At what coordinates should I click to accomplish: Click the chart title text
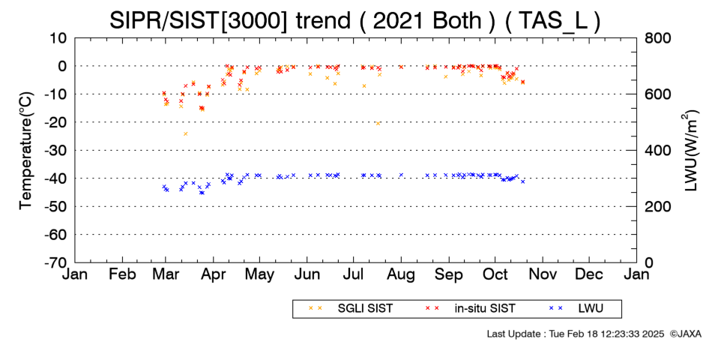pyautogui.click(x=355, y=20)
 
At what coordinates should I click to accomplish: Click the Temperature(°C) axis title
pyautogui.click(x=26, y=151)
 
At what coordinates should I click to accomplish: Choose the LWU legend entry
pyautogui.click(x=576, y=309)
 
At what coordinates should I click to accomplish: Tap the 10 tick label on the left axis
pyautogui.click(x=58, y=38)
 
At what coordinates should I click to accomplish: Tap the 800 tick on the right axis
pyautogui.click(x=658, y=38)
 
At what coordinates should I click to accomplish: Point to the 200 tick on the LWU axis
pyautogui.click(x=658, y=206)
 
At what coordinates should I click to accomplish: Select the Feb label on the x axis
pyautogui.click(x=122, y=274)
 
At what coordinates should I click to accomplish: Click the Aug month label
pyautogui.click(x=401, y=274)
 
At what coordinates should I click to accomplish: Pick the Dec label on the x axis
pyautogui.click(x=589, y=274)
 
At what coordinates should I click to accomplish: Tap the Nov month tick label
pyautogui.click(x=543, y=274)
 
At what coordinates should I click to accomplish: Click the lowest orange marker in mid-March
pyautogui.click(x=185, y=133)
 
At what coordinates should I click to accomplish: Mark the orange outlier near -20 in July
pyautogui.click(x=377, y=123)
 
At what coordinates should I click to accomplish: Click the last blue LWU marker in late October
pyautogui.click(x=522, y=181)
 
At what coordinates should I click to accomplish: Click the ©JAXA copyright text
pyautogui.click(x=685, y=334)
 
